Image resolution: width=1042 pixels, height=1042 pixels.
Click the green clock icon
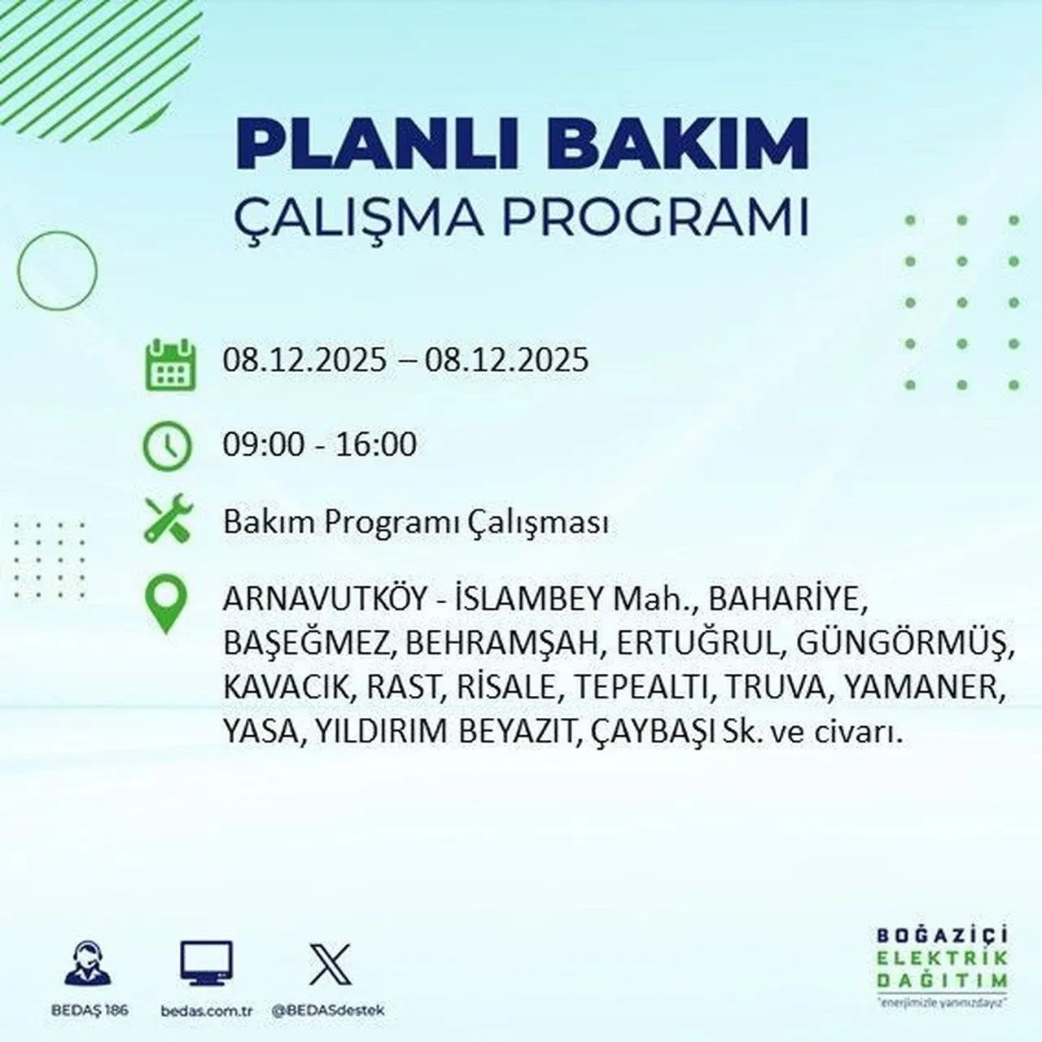pyautogui.click(x=167, y=447)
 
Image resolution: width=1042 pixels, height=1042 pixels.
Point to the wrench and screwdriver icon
pyautogui.click(x=167, y=520)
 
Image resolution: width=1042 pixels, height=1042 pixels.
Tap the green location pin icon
pyautogui.click(x=165, y=604)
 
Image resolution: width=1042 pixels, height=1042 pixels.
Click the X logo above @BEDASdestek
pyautogui.click(x=330, y=964)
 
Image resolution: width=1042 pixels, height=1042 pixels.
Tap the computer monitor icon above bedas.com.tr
pyautogui.click(x=206, y=964)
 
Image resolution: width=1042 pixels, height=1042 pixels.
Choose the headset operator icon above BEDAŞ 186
pyautogui.click(x=86, y=964)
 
